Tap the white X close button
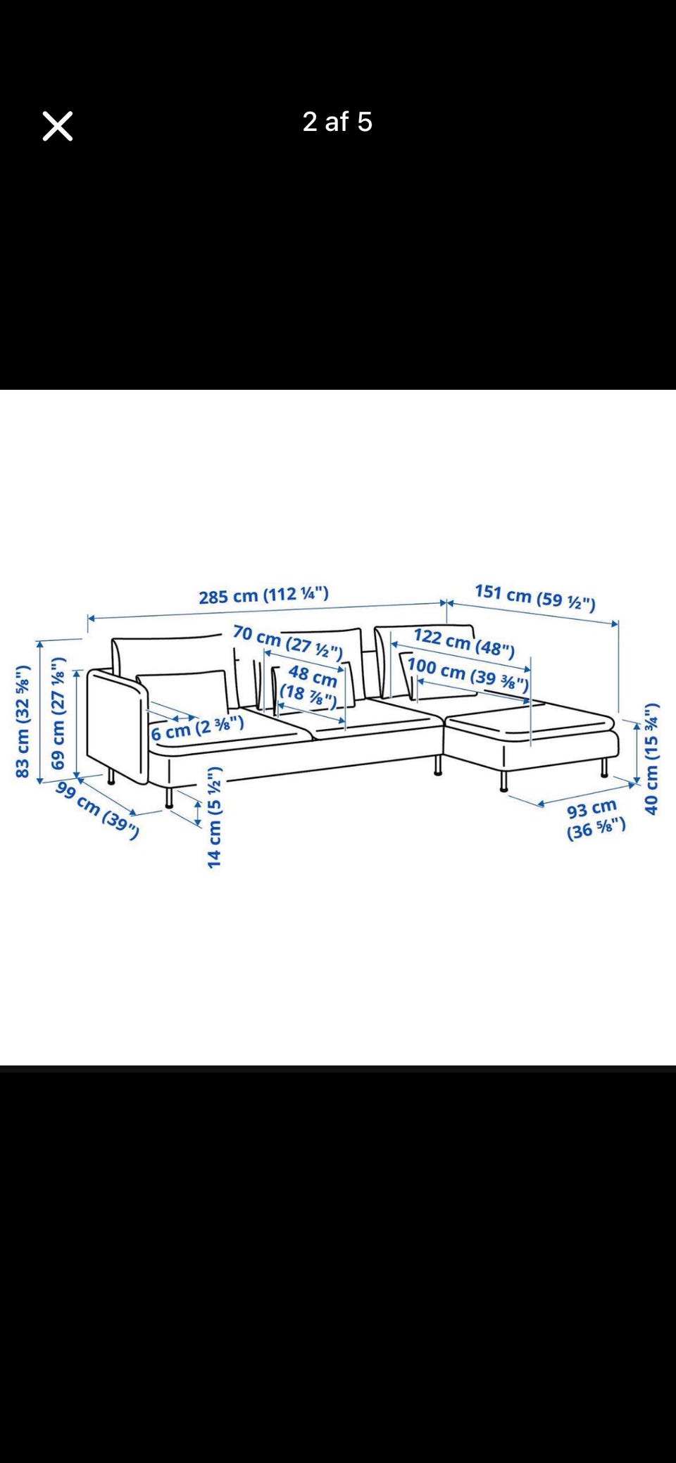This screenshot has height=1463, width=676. [x=57, y=126]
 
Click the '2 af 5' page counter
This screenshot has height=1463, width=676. [x=337, y=122]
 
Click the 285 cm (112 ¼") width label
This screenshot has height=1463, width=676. [x=263, y=595]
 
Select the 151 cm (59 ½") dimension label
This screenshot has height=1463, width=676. [x=535, y=597]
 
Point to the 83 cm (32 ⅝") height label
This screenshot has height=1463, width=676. [x=23, y=721]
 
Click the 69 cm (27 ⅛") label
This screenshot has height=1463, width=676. [x=58, y=713]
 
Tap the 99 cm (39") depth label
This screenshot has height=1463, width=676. [x=97, y=810]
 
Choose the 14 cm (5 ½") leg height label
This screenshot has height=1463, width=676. [x=215, y=817]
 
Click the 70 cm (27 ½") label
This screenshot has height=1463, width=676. [x=287, y=642]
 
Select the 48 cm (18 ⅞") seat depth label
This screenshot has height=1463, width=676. [x=310, y=686]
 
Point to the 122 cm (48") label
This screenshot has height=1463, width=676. [x=464, y=642]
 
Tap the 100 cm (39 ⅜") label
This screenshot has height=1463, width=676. [x=468, y=674]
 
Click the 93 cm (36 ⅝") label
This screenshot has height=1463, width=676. [x=595, y=819]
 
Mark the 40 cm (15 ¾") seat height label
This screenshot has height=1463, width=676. [x=651, y=759]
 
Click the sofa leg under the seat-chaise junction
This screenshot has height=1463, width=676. [x=438, y=765]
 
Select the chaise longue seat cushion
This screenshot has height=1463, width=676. [x=531, y=723]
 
